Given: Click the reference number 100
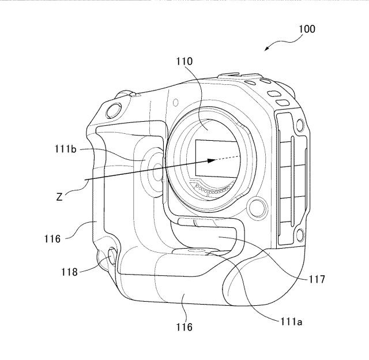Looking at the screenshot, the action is (x=307, y=29).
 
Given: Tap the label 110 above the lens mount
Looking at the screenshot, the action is (x=184, y=61).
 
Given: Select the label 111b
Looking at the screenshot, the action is (x=66, y=149).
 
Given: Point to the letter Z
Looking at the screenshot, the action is (x=59, y=197).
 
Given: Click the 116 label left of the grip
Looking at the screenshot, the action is (x=52, y=239).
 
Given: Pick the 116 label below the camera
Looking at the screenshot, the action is (x=184, y=327).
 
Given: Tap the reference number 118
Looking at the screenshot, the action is (x=69, y=272).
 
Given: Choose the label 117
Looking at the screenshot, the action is (x=317, y=279).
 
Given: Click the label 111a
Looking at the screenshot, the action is (x=291, y=321).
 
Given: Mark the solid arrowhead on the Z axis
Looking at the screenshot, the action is (x=211, y=160).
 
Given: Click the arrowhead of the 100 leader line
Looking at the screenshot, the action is (x=267, y=48).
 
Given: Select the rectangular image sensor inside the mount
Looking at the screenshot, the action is (x=216, y=158).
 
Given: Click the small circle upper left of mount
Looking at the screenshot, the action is (x=175, y=102).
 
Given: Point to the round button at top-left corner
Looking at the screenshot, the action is (x=114, y=110).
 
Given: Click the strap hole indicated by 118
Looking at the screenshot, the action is (x=112, y=256).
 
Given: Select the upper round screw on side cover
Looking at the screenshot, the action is (x=299, y=125).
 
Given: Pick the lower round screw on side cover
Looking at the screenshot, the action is (x=299, y=235).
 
